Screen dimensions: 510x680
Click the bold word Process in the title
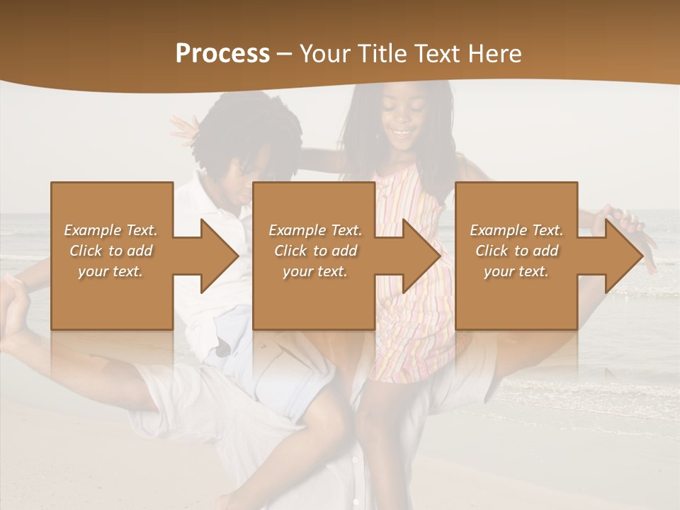222,54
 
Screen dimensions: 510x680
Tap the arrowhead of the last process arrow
624,256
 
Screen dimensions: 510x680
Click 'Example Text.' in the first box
110,230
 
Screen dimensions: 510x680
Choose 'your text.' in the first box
110,271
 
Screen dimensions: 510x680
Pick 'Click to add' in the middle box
315,251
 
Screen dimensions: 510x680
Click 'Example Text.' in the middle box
315,230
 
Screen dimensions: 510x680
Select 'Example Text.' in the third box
516,230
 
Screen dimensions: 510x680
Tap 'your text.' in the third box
516,271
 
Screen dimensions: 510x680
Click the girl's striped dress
411,340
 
